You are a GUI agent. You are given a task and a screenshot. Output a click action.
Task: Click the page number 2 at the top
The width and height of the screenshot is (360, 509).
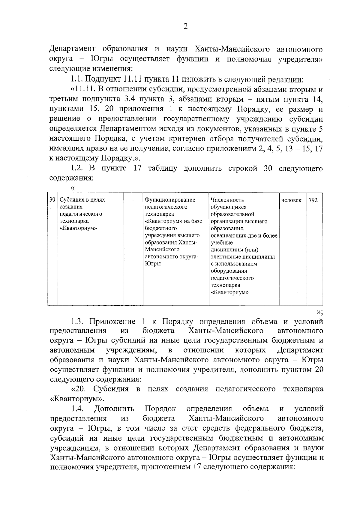pos(185,27)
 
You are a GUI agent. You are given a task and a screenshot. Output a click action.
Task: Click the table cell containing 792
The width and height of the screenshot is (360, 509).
pos(313,200)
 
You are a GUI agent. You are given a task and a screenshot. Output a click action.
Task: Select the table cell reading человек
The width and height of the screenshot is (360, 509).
pos(292,200)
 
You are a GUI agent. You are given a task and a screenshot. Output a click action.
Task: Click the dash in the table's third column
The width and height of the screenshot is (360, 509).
pos(133,200)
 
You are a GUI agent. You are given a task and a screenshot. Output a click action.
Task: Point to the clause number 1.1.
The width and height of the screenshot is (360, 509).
pos(76,79)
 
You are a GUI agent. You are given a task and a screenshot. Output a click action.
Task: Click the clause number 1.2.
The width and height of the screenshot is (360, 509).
pos(77,168)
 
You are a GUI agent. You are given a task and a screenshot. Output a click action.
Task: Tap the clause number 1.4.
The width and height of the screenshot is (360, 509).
pos(77,409)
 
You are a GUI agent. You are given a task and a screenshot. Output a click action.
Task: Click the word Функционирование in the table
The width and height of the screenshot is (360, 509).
pos(170,200)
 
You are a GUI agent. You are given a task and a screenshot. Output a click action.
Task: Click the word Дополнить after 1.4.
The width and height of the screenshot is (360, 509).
pos(114,409)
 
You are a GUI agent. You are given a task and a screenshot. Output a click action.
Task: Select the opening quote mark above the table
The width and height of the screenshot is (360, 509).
pos(72,188)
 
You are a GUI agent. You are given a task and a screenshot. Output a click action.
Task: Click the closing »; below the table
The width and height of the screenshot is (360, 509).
pos(319,311)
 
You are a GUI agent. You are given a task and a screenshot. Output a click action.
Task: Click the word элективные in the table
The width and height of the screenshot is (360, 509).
pos(225,257)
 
